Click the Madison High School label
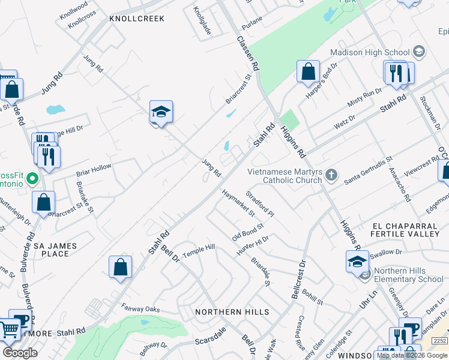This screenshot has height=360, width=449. (x=370, y=52)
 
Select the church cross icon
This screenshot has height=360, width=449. (x=332, y=176)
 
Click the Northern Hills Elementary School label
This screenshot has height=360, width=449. (x=409, y=275)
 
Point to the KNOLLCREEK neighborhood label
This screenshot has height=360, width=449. (x=137, y=19)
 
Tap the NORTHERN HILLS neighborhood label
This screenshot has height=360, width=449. (x=232, y=312)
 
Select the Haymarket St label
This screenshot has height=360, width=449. (x=238, y=203)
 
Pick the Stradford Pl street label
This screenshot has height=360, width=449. (x=260, y=205)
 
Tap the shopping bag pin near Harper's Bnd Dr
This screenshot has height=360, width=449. (x=308, y=71)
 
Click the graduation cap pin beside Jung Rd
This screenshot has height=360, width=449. (x=161, y=112)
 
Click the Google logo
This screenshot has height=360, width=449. (x=20, y=353)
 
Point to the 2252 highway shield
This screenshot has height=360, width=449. (x=440, y=341)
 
